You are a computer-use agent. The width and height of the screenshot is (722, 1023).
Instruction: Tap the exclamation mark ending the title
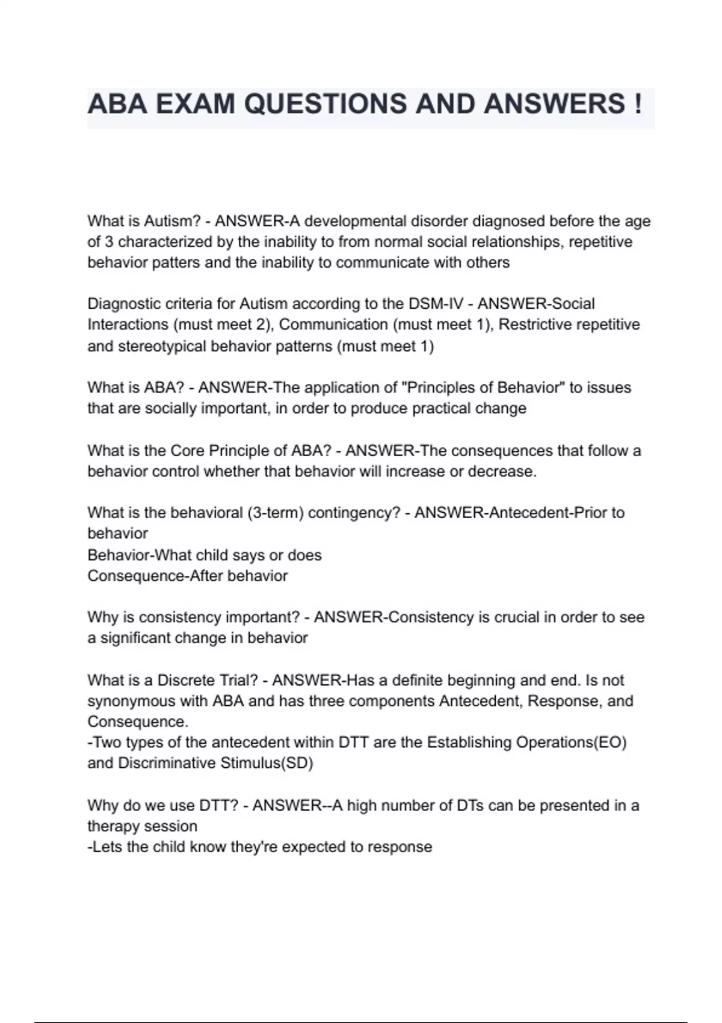(x=637, y=104)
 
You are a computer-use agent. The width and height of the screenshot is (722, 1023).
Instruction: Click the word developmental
(x=355, y=221)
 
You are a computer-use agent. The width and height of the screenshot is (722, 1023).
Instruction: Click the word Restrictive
(x=535, y=325)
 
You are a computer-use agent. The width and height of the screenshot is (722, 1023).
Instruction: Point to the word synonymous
(x=132, y=702)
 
